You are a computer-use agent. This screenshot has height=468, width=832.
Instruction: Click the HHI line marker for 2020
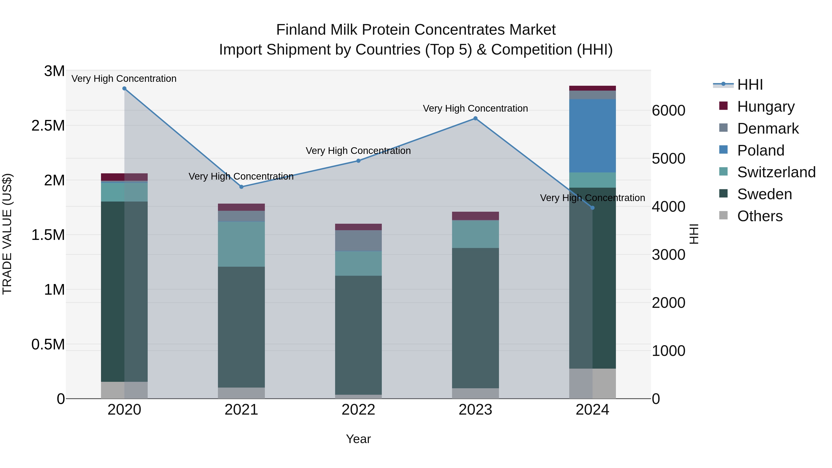point(124,89)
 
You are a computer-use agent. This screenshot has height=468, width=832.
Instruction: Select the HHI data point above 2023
point(475,119)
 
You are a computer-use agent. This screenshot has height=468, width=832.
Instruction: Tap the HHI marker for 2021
point(241,187)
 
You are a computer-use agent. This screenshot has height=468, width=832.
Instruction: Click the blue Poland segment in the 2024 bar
point(592,136)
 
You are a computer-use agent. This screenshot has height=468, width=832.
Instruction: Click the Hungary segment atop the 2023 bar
point(475,216)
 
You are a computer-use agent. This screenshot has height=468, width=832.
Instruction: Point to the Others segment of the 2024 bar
point(592,383)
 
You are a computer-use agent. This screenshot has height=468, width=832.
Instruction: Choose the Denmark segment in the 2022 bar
point(358,241)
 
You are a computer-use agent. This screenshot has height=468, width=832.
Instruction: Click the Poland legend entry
point(761,150)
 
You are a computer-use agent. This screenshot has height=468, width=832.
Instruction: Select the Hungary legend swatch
point(723,106)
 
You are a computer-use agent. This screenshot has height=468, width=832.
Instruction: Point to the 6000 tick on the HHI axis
point(668,110)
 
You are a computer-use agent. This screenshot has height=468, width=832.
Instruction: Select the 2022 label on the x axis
point(358,410)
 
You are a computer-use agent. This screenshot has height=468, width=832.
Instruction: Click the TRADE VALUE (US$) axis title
point(7,234)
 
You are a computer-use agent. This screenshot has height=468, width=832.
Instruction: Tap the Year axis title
point(358,439)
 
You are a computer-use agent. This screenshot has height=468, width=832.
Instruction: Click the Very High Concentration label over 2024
point(592,198)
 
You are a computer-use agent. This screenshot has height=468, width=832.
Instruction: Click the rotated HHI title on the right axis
point(693,234)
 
